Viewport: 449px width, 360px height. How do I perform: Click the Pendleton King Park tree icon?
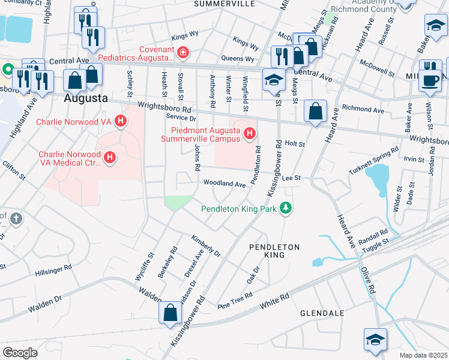coord(287,208)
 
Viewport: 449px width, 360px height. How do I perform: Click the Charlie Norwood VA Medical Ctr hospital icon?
coord(110,158)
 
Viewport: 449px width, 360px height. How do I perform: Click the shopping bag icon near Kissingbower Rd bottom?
coord(170,312)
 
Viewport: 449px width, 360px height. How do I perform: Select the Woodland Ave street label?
coord(224,183)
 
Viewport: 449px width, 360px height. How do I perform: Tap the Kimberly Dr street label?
coord(206,245)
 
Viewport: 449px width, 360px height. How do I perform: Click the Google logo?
coord(20,352)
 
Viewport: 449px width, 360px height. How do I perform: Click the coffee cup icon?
coord(429,80)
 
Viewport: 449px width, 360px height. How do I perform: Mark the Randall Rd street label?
coord(375,235)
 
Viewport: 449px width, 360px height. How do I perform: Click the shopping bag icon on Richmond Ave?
coord(315,111)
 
